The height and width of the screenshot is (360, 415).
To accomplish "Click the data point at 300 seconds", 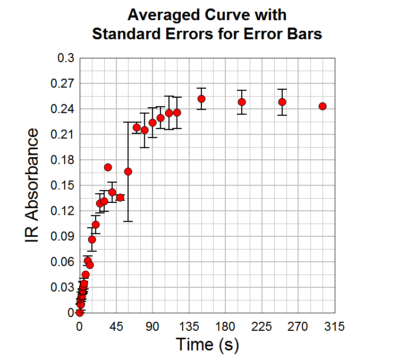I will pyautogui.click(x=323, y=106).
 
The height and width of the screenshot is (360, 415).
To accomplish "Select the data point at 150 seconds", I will pyautogui.click(x=201, y=99).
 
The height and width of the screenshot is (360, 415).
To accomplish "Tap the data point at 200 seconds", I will pyautogui.click(x=242, y=102).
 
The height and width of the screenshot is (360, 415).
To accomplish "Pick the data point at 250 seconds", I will pyautogui.click(x=282, y=102).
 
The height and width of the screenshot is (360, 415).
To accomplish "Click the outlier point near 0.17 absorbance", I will pyautogui.click(x=108, y=167).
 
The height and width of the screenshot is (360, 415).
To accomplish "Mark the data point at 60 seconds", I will pyautogui.click(x=128, y=172).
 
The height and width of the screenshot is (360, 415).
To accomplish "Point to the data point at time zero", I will pyautogui.click(x=80, y=313).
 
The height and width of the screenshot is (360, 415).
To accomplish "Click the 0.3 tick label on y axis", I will pyautogui.click(x=65, y=58).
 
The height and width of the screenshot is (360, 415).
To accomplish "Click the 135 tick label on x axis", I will pyautogui.click(x=189, y=327).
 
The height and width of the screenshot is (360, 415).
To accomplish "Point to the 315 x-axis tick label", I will pyautogui.click(x=334, y=327).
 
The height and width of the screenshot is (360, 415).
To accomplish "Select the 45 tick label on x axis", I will pyautogui.click(x=116, y=327).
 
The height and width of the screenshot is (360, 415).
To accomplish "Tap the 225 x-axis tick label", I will pyautogui.click(x=261, y=327).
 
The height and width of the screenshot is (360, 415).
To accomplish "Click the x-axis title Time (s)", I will pyautogui.click(x=207, y=345).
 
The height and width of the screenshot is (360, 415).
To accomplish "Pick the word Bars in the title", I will pyautogui.click(x=304, y=34).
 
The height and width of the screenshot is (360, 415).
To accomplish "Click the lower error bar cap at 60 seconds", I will pyautogui.click(x=128, y=221).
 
